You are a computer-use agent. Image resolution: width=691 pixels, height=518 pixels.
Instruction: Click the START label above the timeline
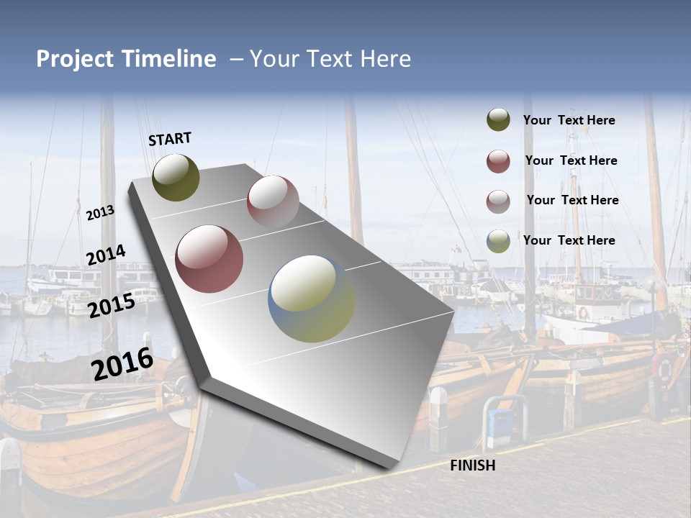[170, 139]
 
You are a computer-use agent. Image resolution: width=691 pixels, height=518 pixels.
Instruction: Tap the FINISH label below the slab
[472, 465]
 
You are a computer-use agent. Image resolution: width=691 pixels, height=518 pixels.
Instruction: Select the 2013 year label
[100, 212]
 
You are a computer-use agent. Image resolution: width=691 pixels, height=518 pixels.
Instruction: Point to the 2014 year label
[106, 255]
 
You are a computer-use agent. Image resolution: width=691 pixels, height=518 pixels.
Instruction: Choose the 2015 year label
[111, 306]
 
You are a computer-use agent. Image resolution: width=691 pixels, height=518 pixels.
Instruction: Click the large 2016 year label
[122, 364]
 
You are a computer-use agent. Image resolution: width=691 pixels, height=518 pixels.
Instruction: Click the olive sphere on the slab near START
[176, 177]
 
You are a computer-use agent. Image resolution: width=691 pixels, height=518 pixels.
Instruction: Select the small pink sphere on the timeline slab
[273, 201]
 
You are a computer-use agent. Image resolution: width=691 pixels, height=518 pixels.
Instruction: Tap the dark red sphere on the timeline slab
[209, 259]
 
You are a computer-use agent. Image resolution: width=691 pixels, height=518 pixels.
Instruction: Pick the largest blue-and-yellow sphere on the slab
[312, 299]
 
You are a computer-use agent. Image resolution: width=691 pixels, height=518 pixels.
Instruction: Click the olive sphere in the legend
[498, 120]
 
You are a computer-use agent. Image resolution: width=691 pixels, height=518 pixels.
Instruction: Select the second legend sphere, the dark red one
[498, 161]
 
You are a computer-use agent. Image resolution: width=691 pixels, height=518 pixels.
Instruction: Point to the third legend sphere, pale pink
[498, 201]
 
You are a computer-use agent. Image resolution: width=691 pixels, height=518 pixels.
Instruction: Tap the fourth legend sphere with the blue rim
[498, 241]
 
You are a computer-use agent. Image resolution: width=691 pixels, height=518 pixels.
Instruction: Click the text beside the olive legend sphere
[569, 121]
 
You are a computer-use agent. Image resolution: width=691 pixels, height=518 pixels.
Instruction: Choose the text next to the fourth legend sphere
[569, 240]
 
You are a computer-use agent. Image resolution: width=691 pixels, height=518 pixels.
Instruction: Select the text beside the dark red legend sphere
[571, 161]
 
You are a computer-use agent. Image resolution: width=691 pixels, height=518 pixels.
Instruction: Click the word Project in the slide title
[76, 59]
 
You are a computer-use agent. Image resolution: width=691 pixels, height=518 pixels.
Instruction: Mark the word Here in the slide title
[384, 59]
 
